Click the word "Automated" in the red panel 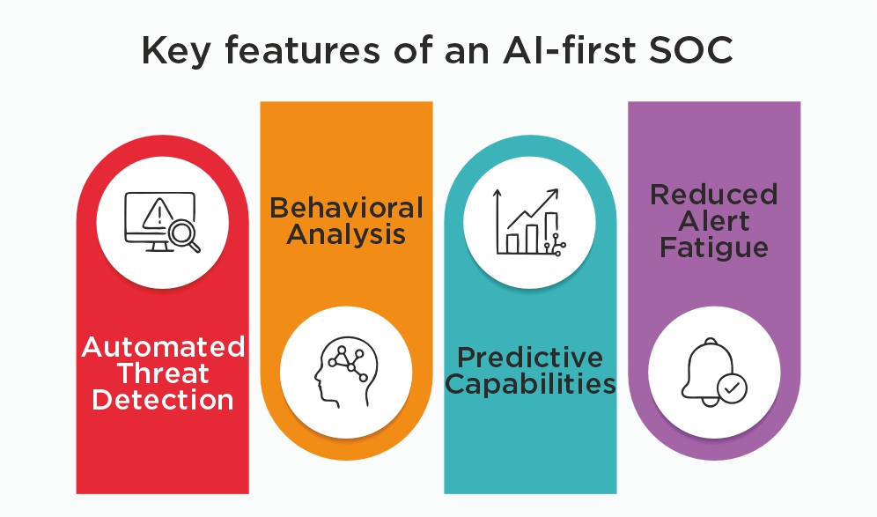[x=163, y=347]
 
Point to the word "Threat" [x=163, y=373]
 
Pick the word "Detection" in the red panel [x=163, y=400]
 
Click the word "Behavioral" [x=346, y=208]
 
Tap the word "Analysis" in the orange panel [x=346, y=234]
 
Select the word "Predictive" [x=530, y=358]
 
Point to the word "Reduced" [x=714, y=195]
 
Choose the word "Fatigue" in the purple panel [x=714, y=247]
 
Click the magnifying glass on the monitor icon [x=182, y=234]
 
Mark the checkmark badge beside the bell [x=732, y=388]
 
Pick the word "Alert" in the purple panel [x=714, y=221]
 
